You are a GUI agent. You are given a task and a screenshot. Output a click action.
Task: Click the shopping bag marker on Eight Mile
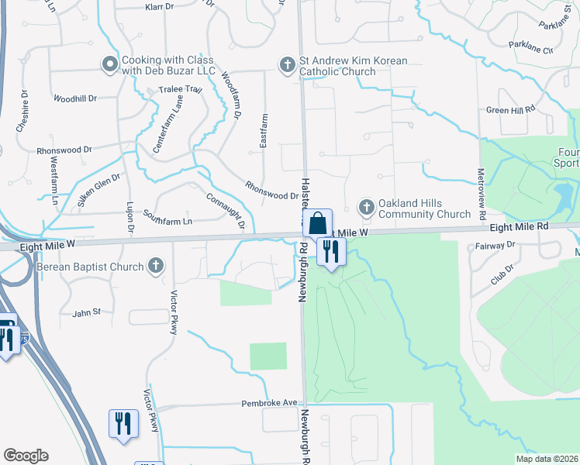pos(317,223)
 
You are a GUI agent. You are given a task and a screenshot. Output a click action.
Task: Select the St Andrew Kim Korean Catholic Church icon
pos(287,65)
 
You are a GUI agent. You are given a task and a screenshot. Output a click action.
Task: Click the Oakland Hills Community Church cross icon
pos(366,208)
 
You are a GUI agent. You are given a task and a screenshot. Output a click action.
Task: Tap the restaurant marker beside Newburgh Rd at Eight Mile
pos(331,251)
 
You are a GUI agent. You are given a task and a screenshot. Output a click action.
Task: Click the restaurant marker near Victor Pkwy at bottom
pos(123,423)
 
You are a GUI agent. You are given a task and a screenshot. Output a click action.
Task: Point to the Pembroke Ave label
pos(269,403)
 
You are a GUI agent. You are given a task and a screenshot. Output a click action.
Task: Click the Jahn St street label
pos(87,312)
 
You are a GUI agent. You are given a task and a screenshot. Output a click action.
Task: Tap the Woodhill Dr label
pos(74,98)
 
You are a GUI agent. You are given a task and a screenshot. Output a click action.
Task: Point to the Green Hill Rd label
pos(511,110)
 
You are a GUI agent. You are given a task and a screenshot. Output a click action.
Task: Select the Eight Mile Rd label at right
pos(520,226)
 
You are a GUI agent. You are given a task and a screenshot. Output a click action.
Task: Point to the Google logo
pos(26,456)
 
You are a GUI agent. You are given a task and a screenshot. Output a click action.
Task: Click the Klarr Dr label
pos(162,7)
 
